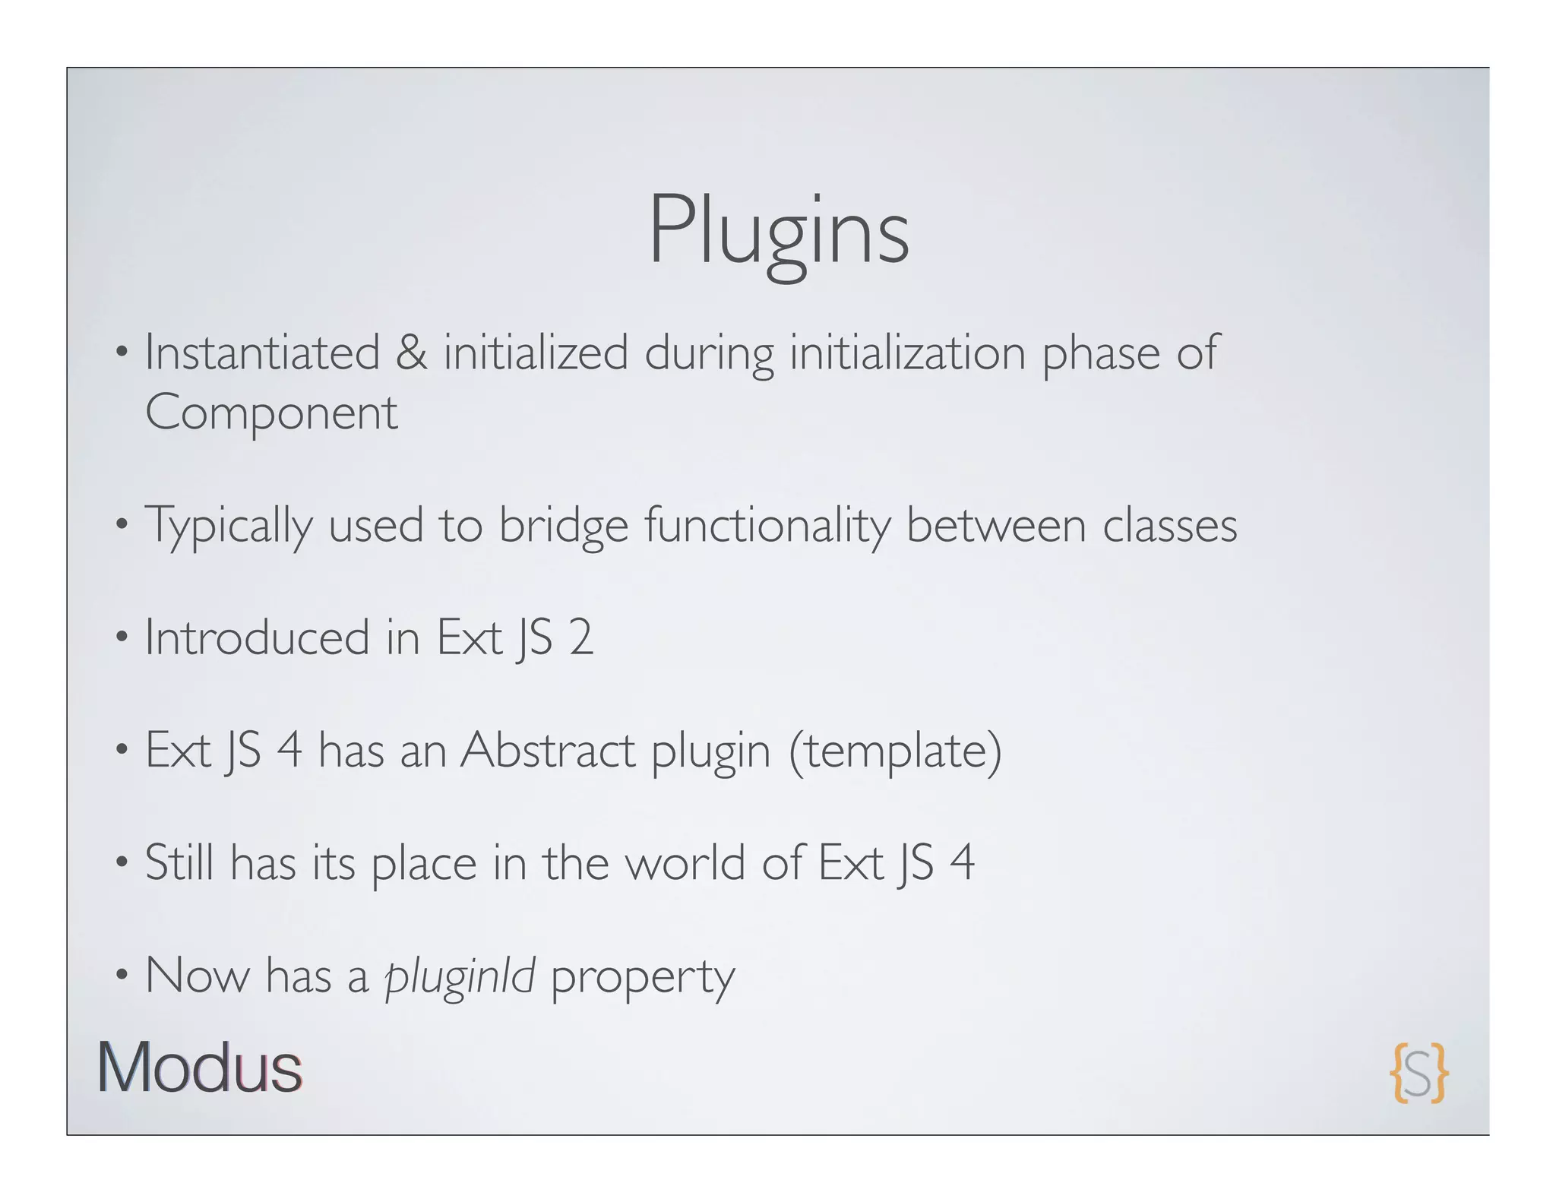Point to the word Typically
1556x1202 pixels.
tap(228, 525)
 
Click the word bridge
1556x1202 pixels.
tap(563, 525)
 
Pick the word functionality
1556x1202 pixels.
tap(767, 525)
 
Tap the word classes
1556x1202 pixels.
tap(1169, 525)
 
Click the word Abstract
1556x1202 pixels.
tap(548, 750)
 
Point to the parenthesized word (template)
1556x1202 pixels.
tap(895, 750)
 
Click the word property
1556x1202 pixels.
tap(643, 977)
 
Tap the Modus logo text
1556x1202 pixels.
tap(200, 1068)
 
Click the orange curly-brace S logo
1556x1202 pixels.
tap(1418, 1073)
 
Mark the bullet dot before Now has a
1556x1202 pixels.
tap(121, 975)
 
